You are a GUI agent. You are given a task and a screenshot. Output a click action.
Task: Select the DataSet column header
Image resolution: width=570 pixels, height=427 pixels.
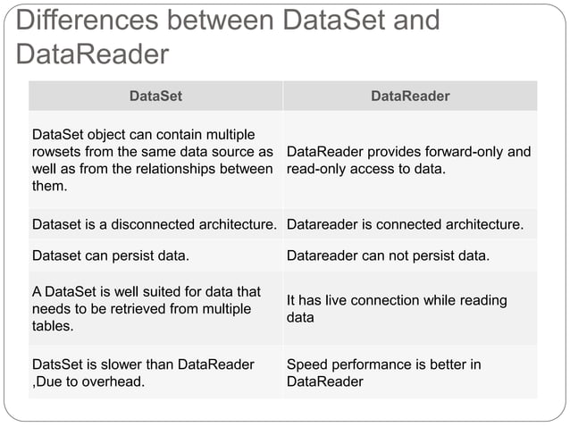155,96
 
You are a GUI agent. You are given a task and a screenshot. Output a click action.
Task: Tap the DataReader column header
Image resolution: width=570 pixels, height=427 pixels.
410,96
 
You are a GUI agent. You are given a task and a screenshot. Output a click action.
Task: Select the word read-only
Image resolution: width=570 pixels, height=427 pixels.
321,169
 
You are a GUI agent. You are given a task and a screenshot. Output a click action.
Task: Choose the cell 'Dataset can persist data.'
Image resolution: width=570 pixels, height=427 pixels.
110,256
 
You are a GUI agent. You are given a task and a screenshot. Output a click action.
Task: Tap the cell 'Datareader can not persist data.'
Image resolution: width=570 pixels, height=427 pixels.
388,256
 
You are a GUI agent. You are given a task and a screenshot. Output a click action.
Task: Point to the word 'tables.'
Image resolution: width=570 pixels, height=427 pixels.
53,326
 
